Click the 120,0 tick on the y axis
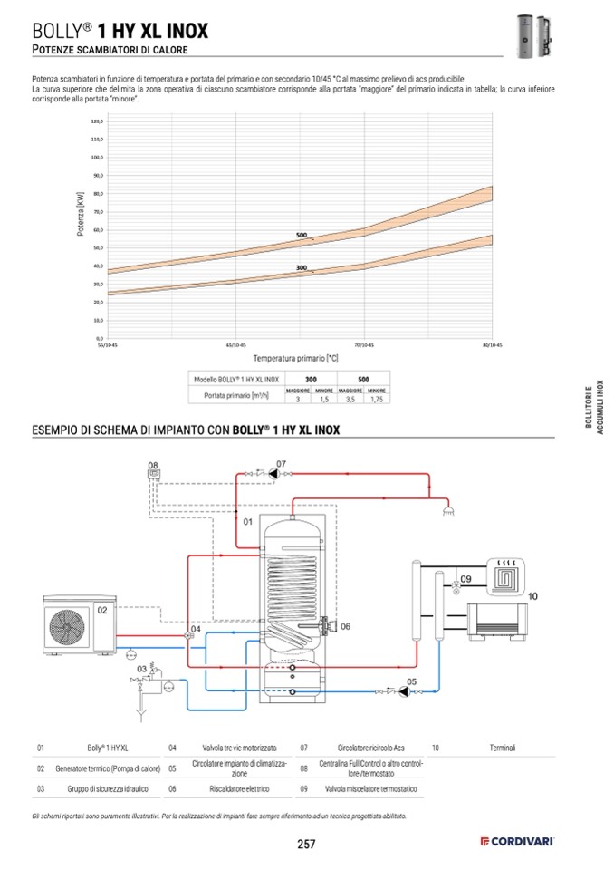point(98,121)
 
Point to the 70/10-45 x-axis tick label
point(365,345)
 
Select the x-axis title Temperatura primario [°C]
point(295,359)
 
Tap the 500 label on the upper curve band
point(302,236)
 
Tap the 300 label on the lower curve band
point(302,267)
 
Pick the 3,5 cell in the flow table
point(350,399)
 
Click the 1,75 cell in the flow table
point(377,399)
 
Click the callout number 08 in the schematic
point(153,466)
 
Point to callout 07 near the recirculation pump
point(282,463)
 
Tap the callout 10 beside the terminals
point(532,596)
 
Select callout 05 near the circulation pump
point(411,681)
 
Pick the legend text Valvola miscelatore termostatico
point(371,789)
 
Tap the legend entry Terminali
point(503,748)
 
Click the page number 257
point(306,845)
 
